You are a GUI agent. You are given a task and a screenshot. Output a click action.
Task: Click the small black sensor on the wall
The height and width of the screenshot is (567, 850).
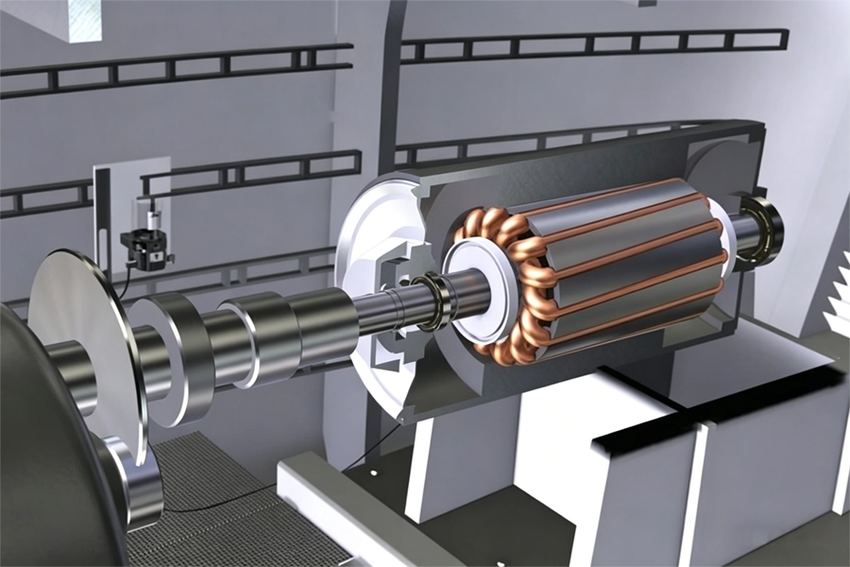[143, 248]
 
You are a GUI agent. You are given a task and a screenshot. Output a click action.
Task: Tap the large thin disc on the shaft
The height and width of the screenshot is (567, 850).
[80, 340]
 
